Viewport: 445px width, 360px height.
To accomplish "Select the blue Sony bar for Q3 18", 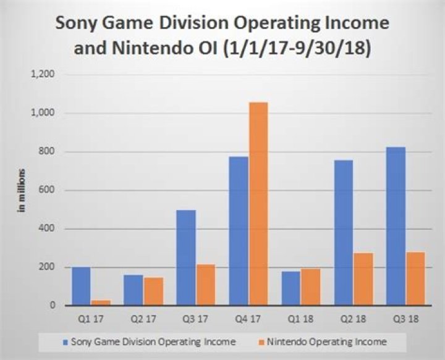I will pyautogui.click(x=396, y=226).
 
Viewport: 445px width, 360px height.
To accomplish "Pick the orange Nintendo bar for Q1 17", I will pyautogui.click(x=101, y=303).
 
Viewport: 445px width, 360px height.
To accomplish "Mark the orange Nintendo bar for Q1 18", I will pyautogui.click(x=311, y=287).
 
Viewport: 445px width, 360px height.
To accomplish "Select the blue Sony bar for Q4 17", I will pyautogui.click(x=238, y=231).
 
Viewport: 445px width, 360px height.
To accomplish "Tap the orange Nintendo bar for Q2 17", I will pyautogui.click(x=153, y=291).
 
